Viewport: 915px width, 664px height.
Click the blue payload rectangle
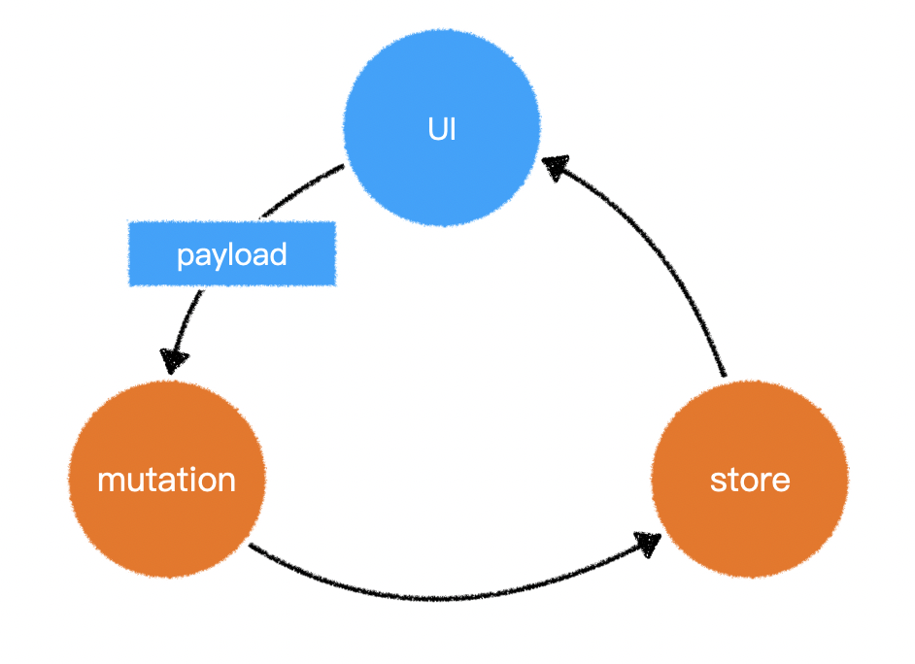(232, 254)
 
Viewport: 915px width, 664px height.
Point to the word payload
(232, 255)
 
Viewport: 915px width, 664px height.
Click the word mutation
(167, 480)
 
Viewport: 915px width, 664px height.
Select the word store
(750, 480)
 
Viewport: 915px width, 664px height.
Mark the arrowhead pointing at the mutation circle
(175, 360)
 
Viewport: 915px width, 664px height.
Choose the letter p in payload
(185, 257)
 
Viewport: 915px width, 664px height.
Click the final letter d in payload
(279, 254)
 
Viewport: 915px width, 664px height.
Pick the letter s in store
(717, 481)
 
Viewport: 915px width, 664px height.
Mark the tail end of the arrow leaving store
(724, 374)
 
